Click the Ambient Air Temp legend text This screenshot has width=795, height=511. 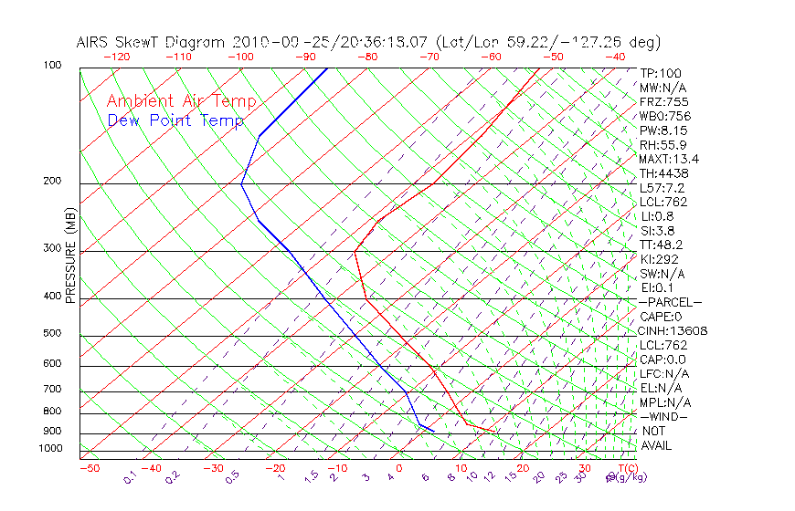(x=182, y=102)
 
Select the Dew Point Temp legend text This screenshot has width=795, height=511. (x=175, y=120)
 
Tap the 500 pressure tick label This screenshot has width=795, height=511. (x=52, y=334)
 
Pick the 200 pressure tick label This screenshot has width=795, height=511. (x=52, y=182)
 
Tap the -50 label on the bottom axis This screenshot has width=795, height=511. (x=89, y=468)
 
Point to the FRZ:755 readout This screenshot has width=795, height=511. (x=664, y=102)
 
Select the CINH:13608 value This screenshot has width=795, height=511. (x=673, y=330)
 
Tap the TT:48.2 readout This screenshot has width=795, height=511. (x=662, y=245)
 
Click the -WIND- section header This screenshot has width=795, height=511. (x=664, y=416)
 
